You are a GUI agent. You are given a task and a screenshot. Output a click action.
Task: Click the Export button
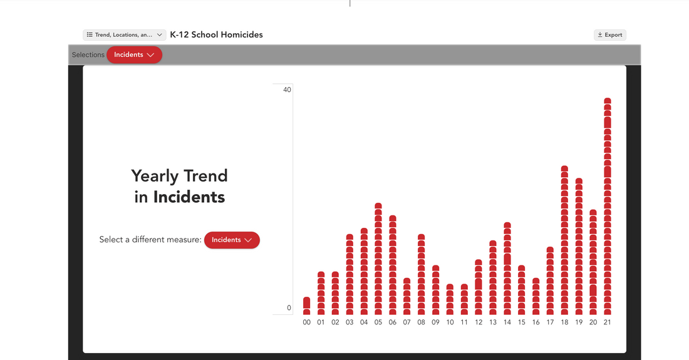point(610,34)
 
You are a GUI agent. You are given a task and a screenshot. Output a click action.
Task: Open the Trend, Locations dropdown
point(125,34)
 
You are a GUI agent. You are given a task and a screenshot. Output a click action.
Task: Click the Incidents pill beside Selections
point(134,55)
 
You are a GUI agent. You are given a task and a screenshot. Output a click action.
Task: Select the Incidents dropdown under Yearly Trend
point(232,240)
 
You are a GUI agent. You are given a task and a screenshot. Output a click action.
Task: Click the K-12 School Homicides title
point(216,34)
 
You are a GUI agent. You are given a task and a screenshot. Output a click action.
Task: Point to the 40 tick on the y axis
point(287,90)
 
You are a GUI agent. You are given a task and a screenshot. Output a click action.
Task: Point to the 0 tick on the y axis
point(289,308)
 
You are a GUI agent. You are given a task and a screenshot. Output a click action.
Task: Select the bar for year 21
point(608,207)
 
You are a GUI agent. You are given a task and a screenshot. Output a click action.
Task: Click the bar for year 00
point(307,306)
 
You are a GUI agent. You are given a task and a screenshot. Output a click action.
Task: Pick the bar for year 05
point(378,259)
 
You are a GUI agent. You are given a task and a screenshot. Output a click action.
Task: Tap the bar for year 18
point(564,240)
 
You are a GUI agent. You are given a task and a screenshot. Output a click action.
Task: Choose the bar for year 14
point(507,269)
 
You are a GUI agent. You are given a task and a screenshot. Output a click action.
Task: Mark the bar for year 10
point(450,299)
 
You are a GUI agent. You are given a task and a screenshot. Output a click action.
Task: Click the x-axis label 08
point(421,322)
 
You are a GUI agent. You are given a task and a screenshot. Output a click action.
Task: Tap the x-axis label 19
point(579,322)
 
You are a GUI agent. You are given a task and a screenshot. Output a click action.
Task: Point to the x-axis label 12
point(479,322)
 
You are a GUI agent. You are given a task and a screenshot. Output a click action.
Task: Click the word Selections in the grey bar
point(88,55)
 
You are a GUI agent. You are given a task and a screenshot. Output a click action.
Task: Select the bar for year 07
point(407,296)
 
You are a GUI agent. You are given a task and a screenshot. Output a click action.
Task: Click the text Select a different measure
point(150,240)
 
